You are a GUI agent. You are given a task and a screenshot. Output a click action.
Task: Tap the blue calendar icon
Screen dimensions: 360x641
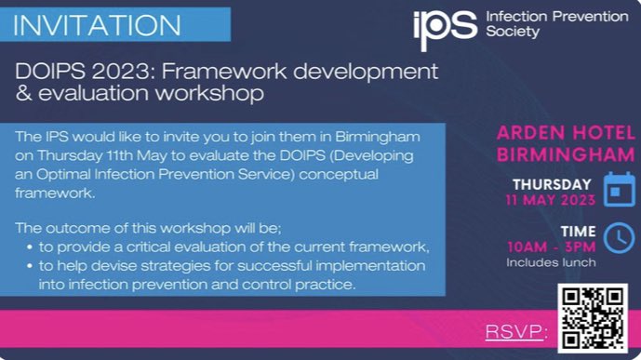[x=619, y=189]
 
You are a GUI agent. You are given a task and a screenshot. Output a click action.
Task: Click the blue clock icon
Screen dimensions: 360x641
[x=619, y=238]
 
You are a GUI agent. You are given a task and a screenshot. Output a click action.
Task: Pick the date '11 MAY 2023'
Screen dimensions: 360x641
[x=550, y=199]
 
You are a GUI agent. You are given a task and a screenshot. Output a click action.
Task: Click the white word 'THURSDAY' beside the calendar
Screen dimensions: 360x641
[x=552, y=184]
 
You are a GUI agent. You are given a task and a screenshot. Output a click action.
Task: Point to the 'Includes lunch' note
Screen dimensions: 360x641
[x=552, y=262]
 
